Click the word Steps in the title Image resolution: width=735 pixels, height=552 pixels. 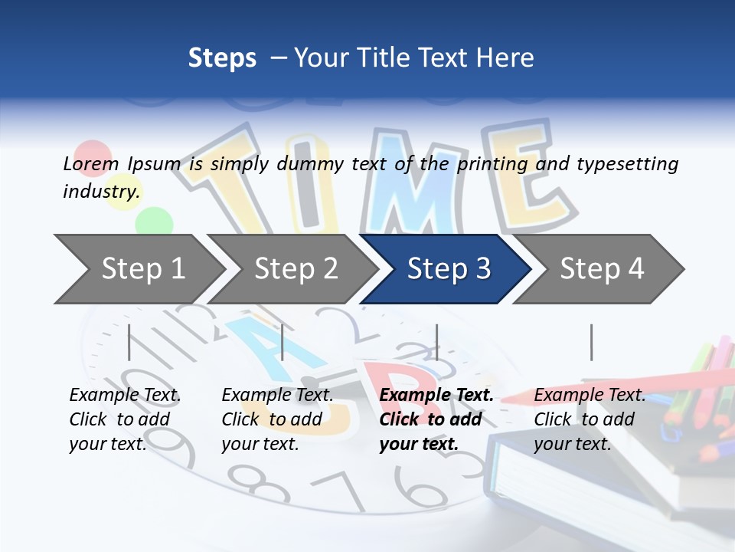click(222, 58)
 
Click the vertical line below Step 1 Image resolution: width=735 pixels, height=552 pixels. click(129, 342)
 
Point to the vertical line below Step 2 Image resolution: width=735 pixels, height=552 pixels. click(283, 342)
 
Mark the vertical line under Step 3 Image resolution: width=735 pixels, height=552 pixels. click(436, 342)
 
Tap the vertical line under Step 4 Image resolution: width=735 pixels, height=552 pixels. click(591, 342)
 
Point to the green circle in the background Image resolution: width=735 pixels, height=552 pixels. click(154, 221)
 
